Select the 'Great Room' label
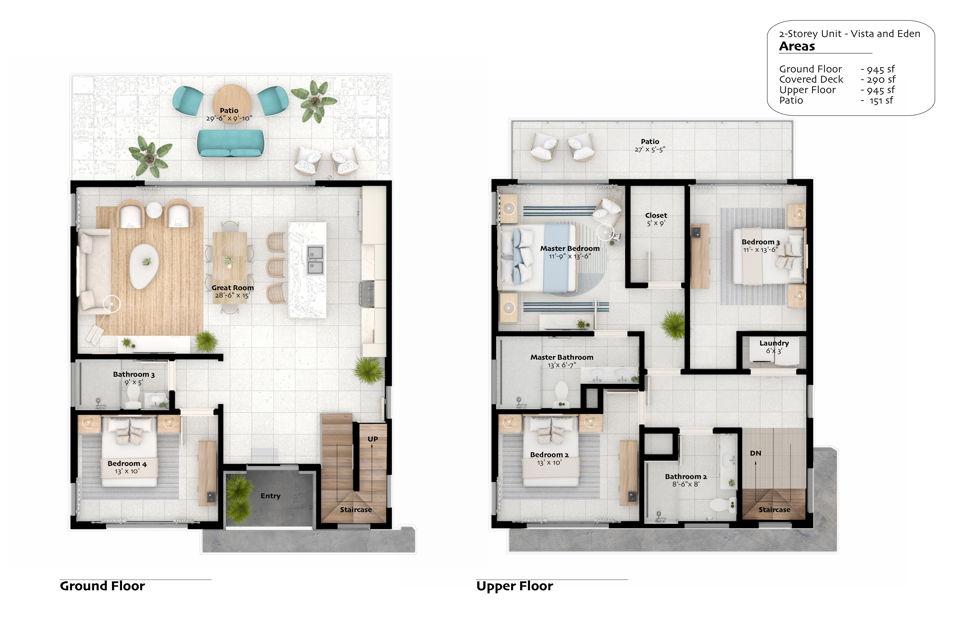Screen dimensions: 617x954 pyautogui.click(x=233, y=288)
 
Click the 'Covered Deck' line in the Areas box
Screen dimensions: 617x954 pyautogui.click(x=811, y=79)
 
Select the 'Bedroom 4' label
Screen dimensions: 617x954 pyautogui.click(x=127, y=463)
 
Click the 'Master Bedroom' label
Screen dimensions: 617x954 pyautogui.click(x=570, y=248)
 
